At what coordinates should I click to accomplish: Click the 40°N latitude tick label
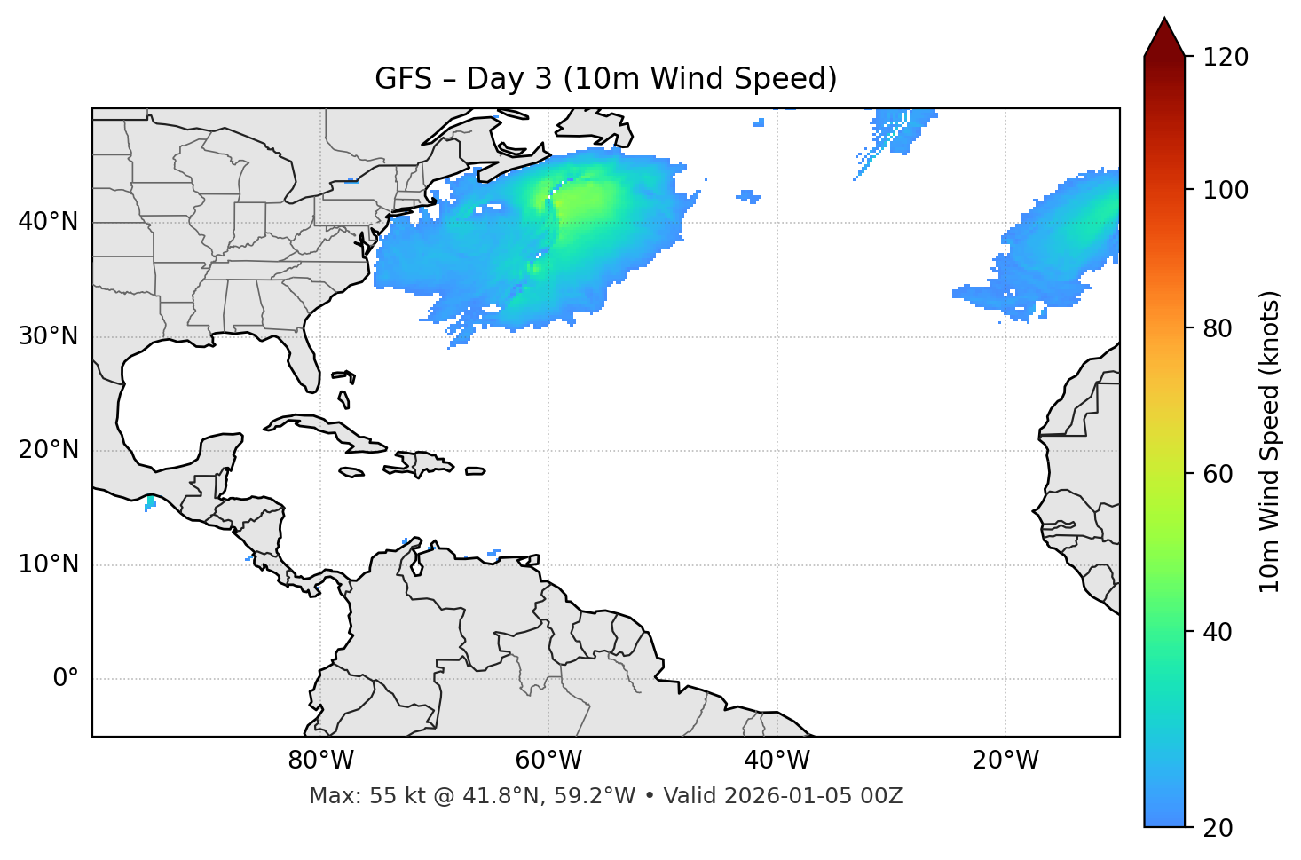[48, 222]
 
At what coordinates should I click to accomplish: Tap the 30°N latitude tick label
[48, 336]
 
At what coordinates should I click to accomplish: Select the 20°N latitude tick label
[48, 450]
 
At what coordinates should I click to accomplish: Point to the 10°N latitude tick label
[48, 564]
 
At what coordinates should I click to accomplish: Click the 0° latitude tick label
[66, 679]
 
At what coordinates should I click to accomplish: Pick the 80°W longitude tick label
[320, 761]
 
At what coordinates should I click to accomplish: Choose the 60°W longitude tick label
[548, 761]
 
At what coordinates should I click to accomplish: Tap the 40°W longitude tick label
[777, 761]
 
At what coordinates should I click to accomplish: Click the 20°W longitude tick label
[1005, 761]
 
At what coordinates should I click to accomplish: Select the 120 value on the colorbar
[1225, 58]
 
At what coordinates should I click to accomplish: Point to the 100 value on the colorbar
[1225, 191]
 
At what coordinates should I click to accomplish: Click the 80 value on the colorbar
[1217, 329]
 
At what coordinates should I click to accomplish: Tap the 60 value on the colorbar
[1217, 475]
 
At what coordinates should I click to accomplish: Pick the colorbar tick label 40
[1217, 633]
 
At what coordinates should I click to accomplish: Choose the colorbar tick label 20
[1217, 828]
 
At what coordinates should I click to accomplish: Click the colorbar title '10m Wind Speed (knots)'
[1270, 442]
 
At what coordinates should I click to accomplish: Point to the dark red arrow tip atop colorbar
[1164, 36]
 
